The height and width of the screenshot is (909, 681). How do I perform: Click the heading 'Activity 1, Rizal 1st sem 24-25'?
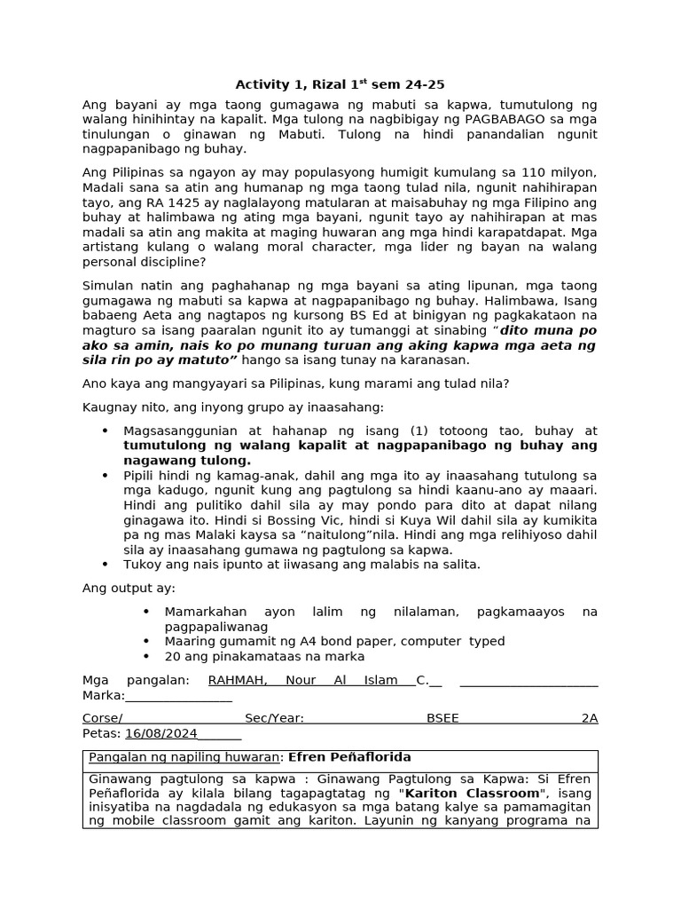tap(340, 85)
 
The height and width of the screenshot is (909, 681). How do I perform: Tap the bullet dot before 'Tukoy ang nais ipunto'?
tap(106, 565)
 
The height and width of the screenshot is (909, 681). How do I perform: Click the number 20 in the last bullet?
tap(172, 657)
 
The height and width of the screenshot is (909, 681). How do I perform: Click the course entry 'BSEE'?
tap(442, 718)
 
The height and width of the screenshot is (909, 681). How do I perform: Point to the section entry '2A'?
tap(590, 718)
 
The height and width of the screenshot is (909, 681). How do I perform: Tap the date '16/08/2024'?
tap(161, 733)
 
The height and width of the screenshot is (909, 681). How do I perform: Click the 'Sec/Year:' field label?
tap(274, 718)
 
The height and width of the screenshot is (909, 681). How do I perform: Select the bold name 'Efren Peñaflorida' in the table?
tap(349, 757)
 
